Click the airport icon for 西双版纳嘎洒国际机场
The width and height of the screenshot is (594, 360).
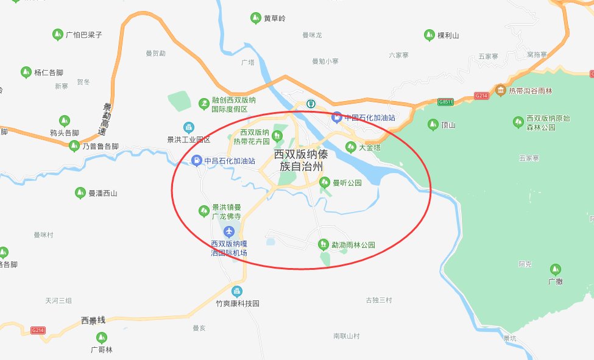[228, 231]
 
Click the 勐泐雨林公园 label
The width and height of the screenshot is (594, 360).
[353, 245]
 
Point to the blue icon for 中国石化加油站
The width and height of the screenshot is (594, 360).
[336, 116]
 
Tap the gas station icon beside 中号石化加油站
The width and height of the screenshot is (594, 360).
[197, 161]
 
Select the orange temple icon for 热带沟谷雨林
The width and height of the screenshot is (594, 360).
[500, 90]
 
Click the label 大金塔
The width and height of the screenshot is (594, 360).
[370, 147]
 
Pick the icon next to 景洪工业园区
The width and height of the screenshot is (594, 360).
[189, 127]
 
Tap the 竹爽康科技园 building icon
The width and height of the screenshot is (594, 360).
[237, 291]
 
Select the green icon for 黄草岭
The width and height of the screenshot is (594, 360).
[256, 18]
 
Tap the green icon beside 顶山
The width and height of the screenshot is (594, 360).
[433, 125]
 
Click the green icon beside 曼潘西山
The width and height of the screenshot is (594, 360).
[80, 193]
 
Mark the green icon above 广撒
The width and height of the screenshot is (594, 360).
[555, 269]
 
